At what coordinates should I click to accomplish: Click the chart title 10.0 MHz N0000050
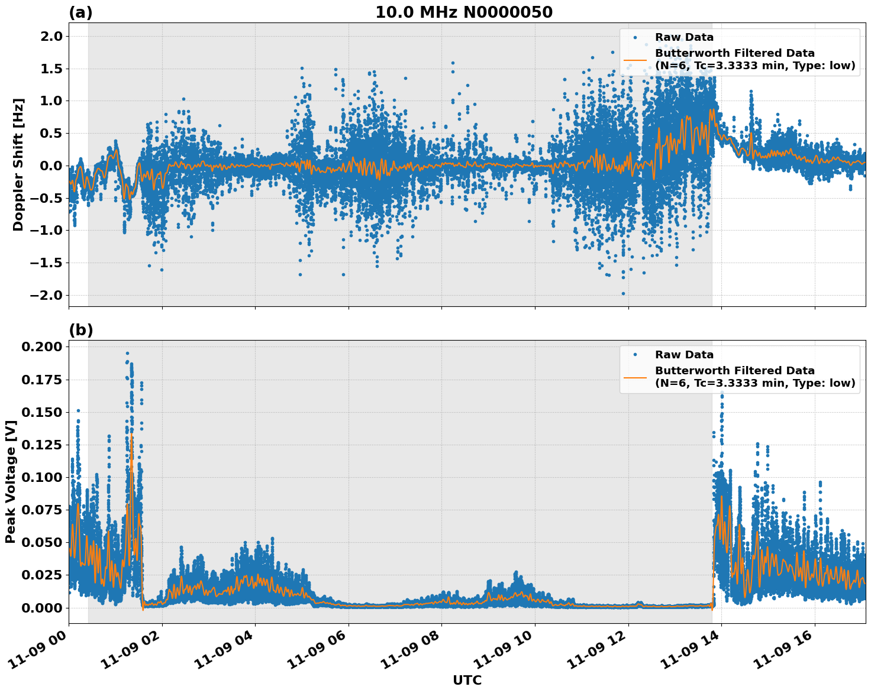tap(463, 12)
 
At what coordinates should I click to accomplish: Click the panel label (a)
tap(80, 12)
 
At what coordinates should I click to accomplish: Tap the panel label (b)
tap(80, 330)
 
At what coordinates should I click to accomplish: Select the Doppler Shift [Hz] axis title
tap(18, 164)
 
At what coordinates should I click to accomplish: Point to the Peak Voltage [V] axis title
tap(10, 481)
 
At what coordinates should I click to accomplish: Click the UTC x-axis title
tap(467, 680)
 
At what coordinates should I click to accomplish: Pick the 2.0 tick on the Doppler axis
tap(50, 36)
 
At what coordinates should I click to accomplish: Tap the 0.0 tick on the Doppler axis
tap(50, 166)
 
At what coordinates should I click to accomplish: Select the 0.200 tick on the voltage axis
tap(41, 346)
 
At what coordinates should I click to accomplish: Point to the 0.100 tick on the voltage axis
tap(41, 477)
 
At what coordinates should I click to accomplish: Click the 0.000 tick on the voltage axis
tap(41, 608)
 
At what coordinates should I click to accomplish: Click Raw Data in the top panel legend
tap(684, 37)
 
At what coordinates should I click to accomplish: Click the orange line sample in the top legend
tap(635, 59)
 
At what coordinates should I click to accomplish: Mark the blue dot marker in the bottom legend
tap(635, 355)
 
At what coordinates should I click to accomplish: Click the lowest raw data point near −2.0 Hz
tap(623, 293)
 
